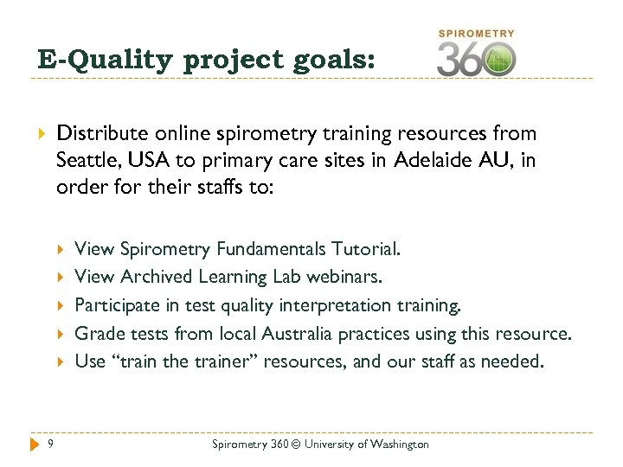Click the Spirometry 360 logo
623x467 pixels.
(x=476, y=54)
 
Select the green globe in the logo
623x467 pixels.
(x=498, y=60)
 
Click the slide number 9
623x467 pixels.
(x=52, y=444)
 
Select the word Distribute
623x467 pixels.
(x=97, y=133)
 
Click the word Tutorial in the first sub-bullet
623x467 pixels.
(x=367, y=249)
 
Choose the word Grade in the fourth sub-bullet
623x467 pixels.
(x=96, y=333)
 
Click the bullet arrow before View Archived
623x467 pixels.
(x=61, y=278)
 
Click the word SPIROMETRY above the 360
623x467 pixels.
(x=477, y=34)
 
